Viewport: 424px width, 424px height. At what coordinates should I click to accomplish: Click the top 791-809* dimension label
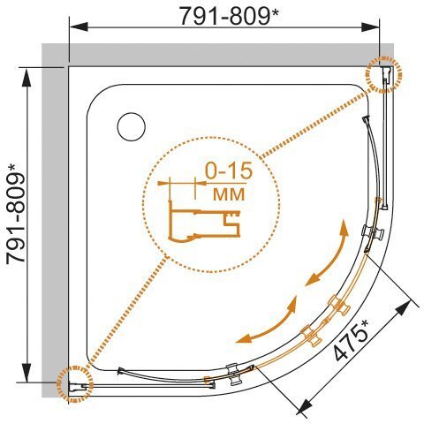229,17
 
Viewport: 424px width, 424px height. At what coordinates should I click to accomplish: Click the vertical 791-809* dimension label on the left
16,214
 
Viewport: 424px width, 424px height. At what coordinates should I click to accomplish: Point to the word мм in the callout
229,193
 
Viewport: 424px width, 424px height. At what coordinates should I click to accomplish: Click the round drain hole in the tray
132,127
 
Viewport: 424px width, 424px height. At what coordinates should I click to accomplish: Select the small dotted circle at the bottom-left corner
75,383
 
